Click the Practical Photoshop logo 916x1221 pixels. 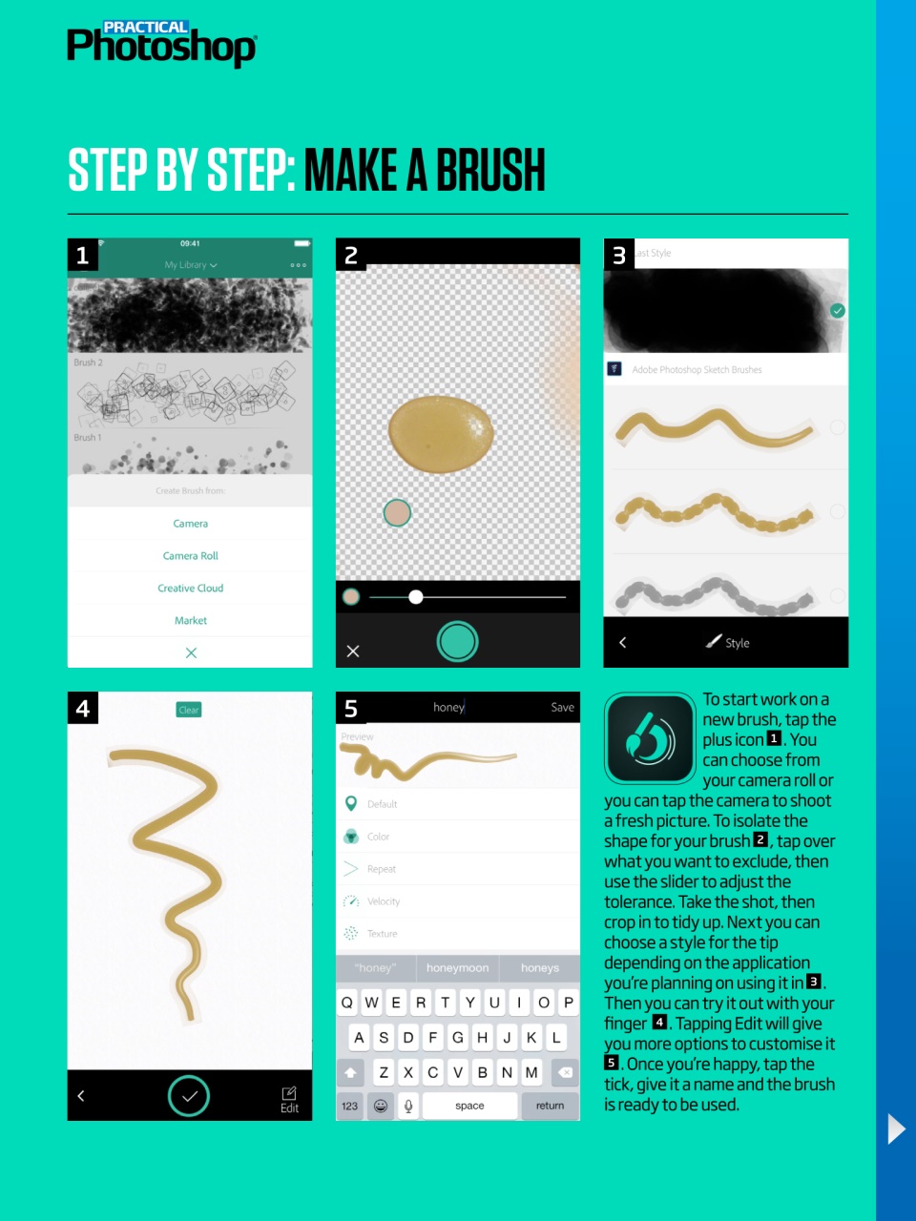(160, 44)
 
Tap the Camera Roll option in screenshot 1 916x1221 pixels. (190, 556)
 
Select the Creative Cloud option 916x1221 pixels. (190, 589)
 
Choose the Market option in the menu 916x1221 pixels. (190, 621)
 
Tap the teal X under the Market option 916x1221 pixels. (191, 653)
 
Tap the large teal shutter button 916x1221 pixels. (457, 642)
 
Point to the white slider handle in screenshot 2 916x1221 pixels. (416, 597)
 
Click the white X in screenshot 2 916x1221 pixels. (353, 652)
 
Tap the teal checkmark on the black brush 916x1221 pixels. (837, 311)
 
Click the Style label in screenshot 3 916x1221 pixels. (737, 643)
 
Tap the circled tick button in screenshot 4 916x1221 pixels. (189, 1096)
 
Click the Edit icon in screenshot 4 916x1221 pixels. (289, 1099)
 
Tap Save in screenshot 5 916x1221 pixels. (562, 708)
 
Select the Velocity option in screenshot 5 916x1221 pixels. (383, 901)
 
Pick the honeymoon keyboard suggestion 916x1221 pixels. (457, 968)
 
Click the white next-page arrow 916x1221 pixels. (896, 1128)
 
